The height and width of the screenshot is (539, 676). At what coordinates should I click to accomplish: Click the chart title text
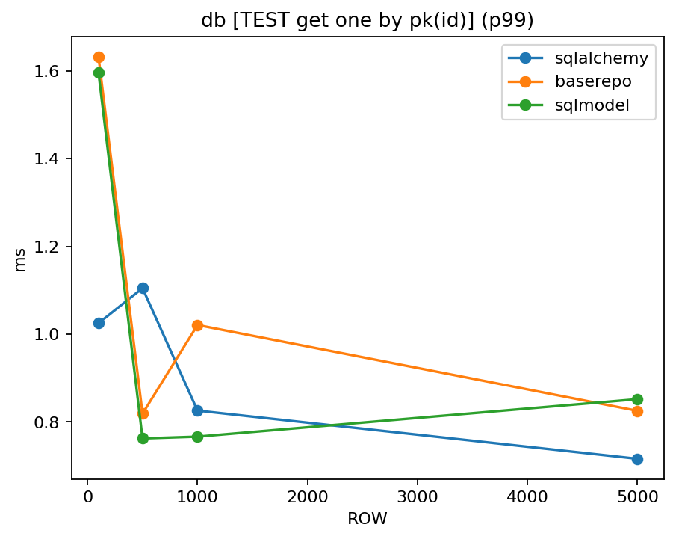(x=368, y=20)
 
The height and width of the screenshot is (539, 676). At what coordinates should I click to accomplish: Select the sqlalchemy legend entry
(x=596, y=58)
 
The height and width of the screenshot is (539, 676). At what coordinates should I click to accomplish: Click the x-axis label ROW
(x=368, y=518)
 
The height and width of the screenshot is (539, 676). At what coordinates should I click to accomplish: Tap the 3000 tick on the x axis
(x=417, y=495)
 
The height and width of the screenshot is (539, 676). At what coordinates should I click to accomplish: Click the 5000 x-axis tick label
(x=637, y=495)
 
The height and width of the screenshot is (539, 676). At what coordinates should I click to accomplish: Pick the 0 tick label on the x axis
(x=87, y=495)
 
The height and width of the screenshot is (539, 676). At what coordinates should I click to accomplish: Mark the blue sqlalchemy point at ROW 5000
(x=637, y=459)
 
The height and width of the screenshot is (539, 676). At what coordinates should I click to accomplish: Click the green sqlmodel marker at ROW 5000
(x=637, y=399)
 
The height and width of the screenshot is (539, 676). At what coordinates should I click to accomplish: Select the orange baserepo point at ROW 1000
(x=197, y=325)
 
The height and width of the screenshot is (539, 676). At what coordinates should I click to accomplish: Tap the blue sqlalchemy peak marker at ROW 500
(x=143, y=288)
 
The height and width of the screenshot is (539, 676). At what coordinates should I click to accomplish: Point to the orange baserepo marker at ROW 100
(x=99, y=57)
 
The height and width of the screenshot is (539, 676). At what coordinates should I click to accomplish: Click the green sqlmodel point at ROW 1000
(x=197, y=437)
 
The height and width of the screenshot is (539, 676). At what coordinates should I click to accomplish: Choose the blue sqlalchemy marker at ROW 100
(x=99, y=323)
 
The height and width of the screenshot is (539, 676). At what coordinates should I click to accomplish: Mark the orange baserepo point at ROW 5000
(x=637, y=411)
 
